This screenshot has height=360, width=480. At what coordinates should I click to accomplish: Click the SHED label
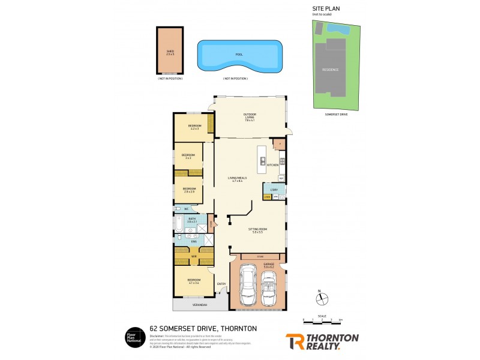point(170,52)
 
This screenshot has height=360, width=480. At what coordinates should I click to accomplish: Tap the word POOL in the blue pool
point(239,54)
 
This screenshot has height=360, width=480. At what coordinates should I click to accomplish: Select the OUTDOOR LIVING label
point(250,116)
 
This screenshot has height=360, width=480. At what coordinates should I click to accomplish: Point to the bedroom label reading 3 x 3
point(188,156)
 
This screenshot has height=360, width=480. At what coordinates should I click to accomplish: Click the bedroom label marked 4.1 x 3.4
point(194,281)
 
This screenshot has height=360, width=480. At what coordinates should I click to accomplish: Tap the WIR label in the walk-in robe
point(194,257)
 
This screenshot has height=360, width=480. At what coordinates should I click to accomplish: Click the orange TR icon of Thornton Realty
point(295,341)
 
